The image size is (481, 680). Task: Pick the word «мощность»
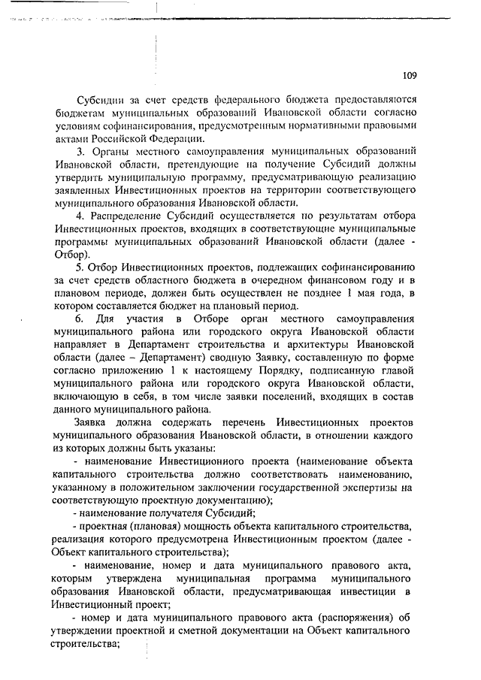click(198, 526)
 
